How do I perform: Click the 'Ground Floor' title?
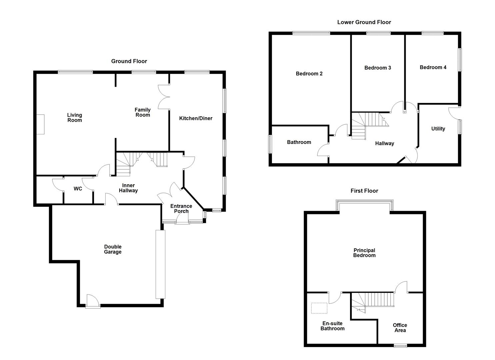(x=129, y=61)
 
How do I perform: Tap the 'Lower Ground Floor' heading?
(x=364, y=22)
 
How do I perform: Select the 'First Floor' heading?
(x=364, y=191)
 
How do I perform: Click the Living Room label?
(x=74, y=118)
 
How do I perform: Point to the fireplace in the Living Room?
(x=40, y=124)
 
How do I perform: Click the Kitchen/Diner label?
(x=196, y=118)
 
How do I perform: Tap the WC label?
(x=78, y=189)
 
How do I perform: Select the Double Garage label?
(x=113, y=249)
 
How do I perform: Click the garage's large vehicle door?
(x=160, y=264)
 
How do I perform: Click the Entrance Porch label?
(x=181, y=209)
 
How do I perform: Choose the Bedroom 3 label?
(x=377, y=68)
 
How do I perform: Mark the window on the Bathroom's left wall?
(x=270, y=144)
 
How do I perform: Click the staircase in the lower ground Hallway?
(x=368, y=125)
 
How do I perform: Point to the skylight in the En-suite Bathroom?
(x=319, y=308)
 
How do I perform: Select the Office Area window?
(x=400, y=345)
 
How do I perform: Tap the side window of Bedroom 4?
(x=460, y=60)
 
